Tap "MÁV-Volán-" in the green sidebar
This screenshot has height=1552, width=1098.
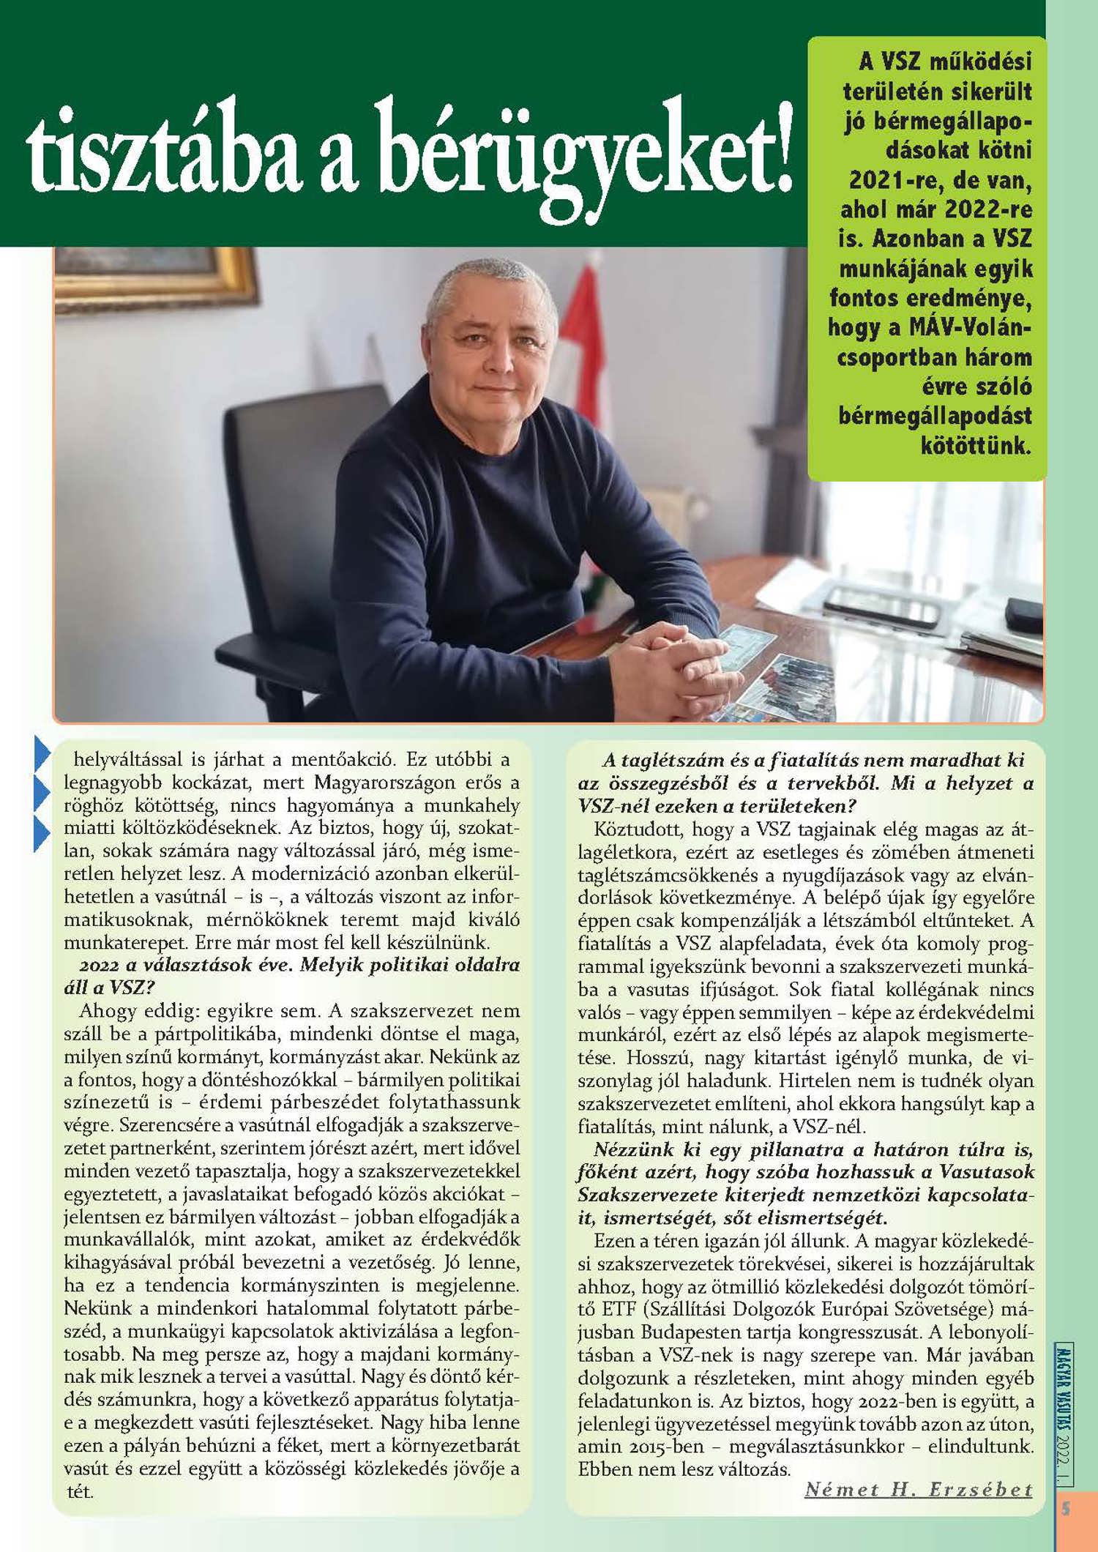coord(970,327)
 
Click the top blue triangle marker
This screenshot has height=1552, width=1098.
coord(42,754)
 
